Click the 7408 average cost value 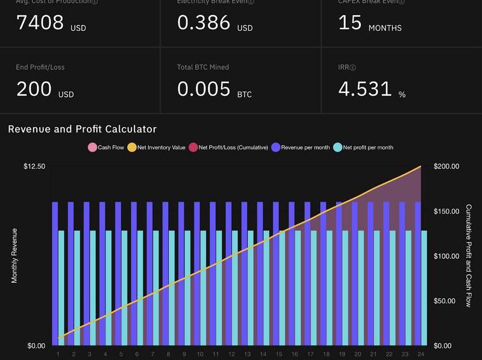(x=40, y=22)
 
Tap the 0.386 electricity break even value (x=204, y=22)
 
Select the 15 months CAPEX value (x=350, y=22)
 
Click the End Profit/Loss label (x=40, y=67)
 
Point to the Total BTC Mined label (x=203, y=67)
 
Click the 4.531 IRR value (x=365, y=89)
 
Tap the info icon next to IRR (x=353, y=68)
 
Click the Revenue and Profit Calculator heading (x=82, y=129)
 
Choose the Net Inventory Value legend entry (x=157, y=147)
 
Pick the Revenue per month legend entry (x=301, y=147)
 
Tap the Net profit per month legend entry (x=364, y=147)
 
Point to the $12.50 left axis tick (x=34, y=166)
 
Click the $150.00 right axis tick (x=446, y=211)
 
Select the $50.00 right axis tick (x=446, y=301)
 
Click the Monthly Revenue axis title (x=14, y=256)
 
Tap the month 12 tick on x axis (x=231, y=355)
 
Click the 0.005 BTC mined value (x=204, y=89)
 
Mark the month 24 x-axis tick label (x=420, y=355)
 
